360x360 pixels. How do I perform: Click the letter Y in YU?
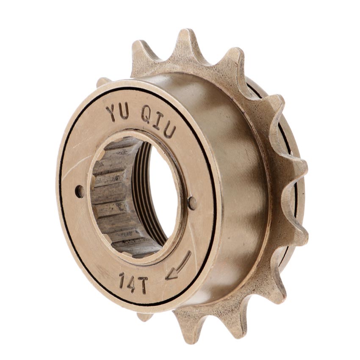pyautogui.click(x=111, y=113)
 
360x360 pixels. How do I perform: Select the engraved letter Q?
pyautogui.click(x=146, y=115)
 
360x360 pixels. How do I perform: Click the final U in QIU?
pyautogui.click(x=169, y=130)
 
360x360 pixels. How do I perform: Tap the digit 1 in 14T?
pyautogui.click(x=122, y=280)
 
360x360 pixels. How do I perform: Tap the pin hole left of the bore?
pyautogui.click(x=80, y=191)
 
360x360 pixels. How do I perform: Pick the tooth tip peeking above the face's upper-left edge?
pyautogui.click(x=103, y=81)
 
